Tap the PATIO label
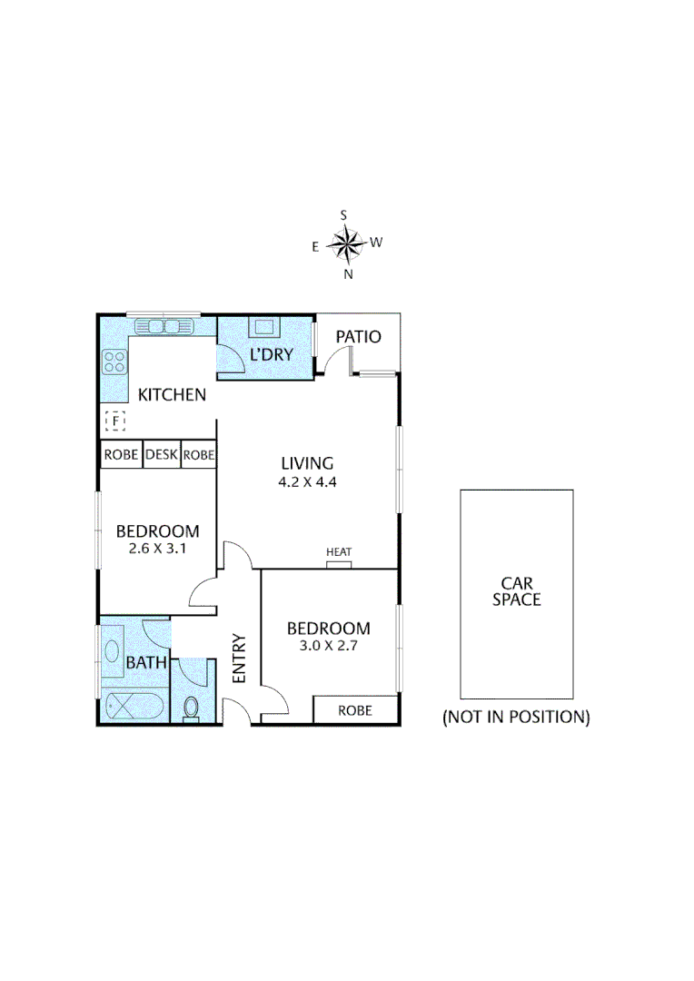point(358,337)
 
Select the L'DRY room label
point(272,354)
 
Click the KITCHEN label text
point(172,394)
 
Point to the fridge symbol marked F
point(115,421)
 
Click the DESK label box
point(162,454)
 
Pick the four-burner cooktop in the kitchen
point(114,362)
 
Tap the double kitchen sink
point(164,326)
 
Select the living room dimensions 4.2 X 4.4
point(307,482)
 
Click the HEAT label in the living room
point(339,552)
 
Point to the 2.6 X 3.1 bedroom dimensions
point(157,549)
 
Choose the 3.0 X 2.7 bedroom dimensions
point(328,646)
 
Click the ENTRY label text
point(240,658)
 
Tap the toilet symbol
point(192,707)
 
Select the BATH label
point(146,663)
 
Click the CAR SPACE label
point(516,591)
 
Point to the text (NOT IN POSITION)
point(516,717)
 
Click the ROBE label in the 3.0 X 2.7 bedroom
point(354,710)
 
